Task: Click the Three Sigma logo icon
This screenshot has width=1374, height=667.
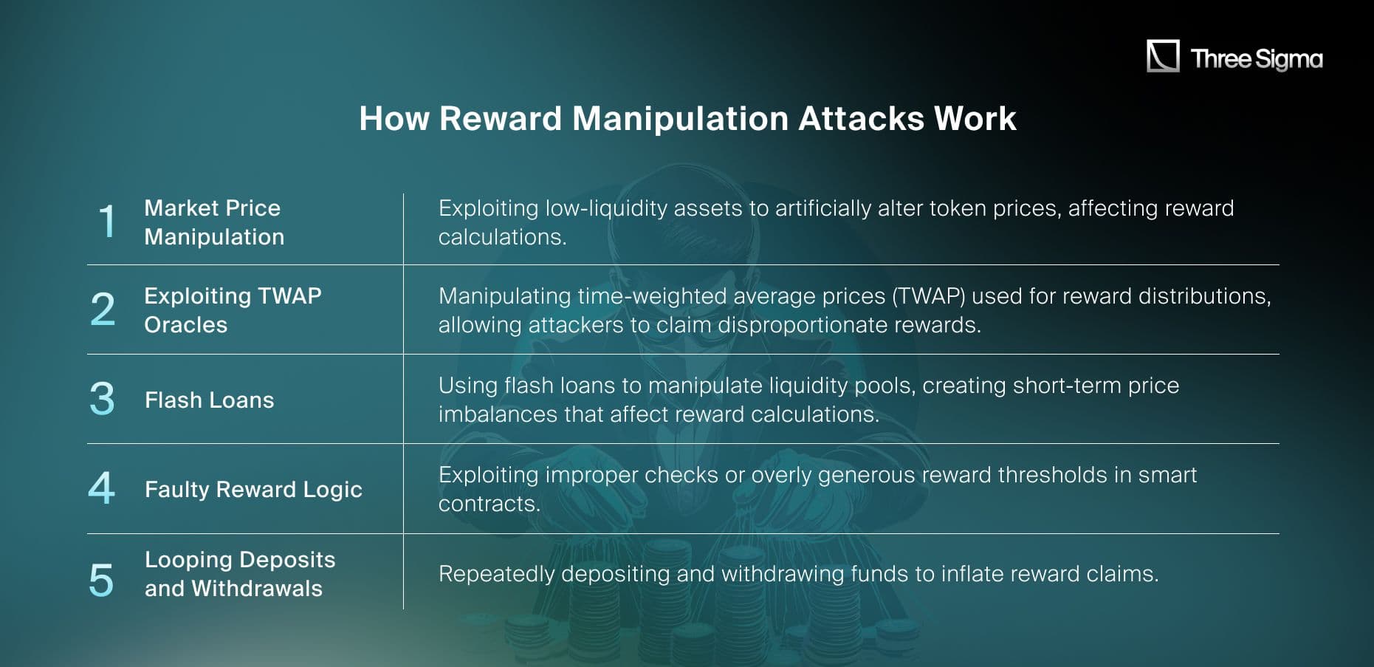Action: (x=1162, y=56)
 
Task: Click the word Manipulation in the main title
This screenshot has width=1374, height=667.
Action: (x=680, y=118)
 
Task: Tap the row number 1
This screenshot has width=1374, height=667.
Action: (x=107, y=222)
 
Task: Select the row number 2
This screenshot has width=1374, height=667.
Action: (x=103, y=309)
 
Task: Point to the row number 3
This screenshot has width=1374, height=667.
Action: (x=102, y=399)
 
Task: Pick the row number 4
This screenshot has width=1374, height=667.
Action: (x=102, y=488)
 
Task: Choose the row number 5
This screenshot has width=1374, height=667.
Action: (x=101, y=580)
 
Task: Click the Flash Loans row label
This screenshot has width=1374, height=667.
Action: (x=209, y=400)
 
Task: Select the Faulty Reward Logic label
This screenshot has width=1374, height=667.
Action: (x=253, y=489)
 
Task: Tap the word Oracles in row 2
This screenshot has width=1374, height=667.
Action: (x=185, y=324)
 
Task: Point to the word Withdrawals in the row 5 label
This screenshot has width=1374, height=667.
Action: (x=257, y=589)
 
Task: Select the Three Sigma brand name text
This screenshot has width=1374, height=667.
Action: (x=1257, y=58)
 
